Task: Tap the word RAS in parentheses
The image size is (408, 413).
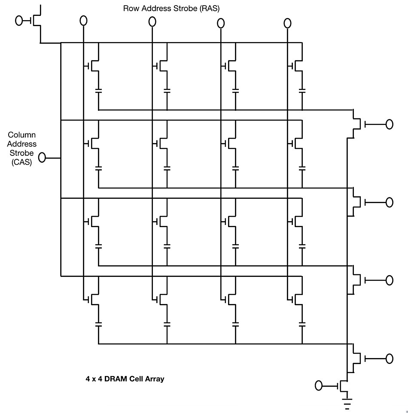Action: (x=210, y=9)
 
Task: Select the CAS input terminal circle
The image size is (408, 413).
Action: (x=42, y=158)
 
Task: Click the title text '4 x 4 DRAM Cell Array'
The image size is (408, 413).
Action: (x=125, y=379)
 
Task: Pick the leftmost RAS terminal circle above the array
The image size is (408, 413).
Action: (x=83, y=21)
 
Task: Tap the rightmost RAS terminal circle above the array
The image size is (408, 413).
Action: (x=287, y=23)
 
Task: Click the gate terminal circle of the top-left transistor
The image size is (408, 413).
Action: (x=19, y=20)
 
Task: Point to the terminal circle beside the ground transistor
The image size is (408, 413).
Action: (x=319, y=386)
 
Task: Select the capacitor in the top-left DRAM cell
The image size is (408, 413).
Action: (x=98, y=91)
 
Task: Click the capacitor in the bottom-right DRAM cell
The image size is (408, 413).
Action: (x=302, y=324)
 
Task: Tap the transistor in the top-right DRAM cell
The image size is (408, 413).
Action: (x=296, y=66)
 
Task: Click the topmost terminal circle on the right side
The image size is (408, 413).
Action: (x=389, y=124)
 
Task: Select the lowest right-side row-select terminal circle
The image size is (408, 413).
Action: (x=389, y=358)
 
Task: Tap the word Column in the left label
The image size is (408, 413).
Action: (x=21, y=135)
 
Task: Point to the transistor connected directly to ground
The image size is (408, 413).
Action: (x=343, y=386)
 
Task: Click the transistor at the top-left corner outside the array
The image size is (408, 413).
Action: (x=37, y=20)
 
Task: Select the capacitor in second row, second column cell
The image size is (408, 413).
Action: (x=167, y=168)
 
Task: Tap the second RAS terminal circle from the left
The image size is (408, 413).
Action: (x=152, y=21)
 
